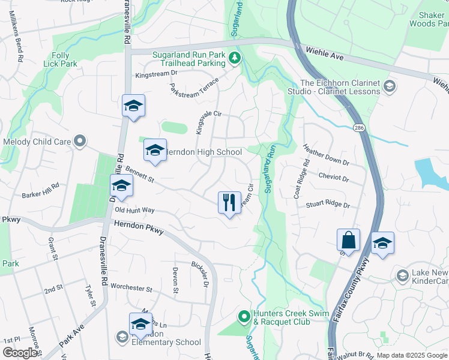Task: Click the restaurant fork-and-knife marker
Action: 229,202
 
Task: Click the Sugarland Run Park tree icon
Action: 235,58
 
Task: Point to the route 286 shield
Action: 359,128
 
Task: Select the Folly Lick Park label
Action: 60,59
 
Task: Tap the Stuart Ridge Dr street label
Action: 328,205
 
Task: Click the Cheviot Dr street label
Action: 334,178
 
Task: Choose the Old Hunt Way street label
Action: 134,211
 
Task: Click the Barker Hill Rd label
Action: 41,190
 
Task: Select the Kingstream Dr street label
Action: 157,74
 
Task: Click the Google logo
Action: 20,353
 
